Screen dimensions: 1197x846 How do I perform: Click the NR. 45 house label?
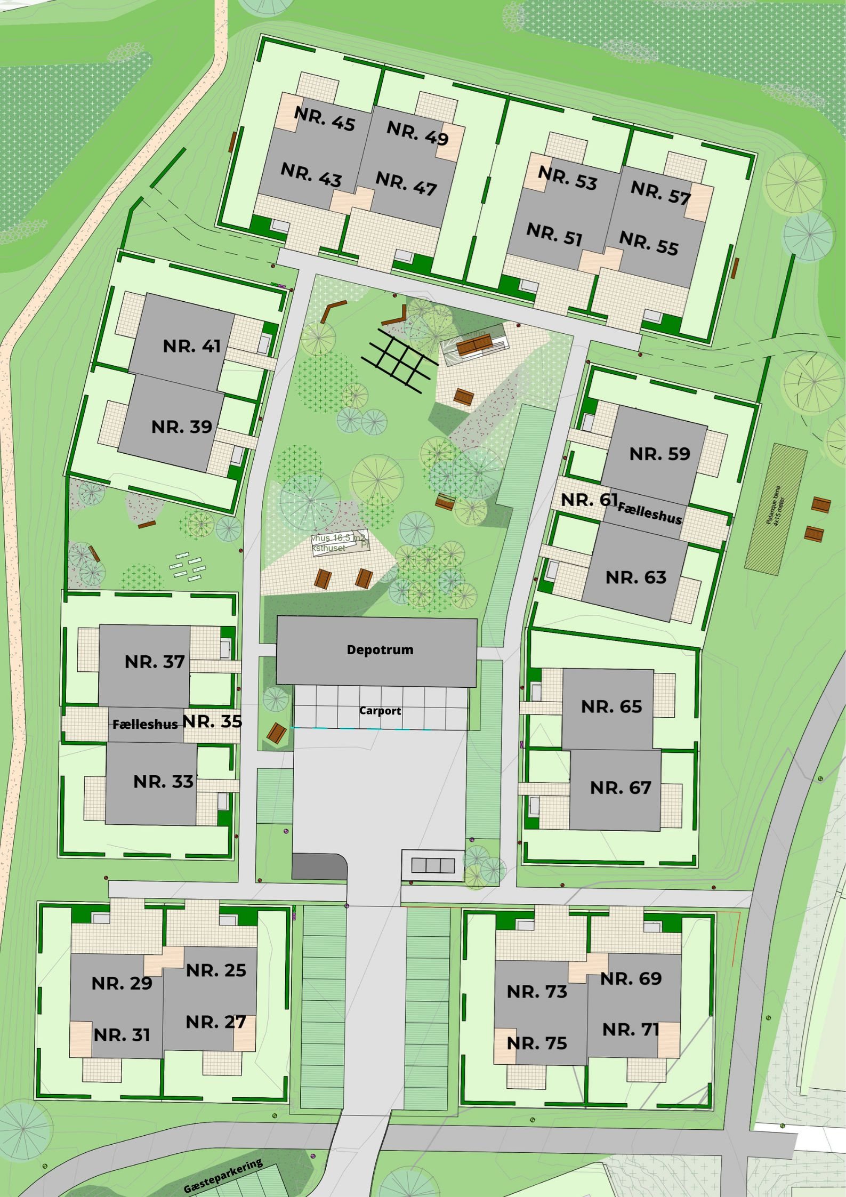(x=325, y=119)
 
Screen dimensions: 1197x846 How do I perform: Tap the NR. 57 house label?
(x=660, y=192)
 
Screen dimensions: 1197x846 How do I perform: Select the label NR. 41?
(x=192, y=346)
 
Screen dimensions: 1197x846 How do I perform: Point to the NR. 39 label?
(x=182, y=427)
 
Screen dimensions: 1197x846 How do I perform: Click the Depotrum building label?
(x=380, y=649)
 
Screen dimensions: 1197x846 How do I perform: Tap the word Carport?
(x=380, y=711)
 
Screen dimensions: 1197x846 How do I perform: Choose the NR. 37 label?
(x=155, y=662)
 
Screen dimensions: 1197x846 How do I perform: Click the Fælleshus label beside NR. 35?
(x=145, y=724)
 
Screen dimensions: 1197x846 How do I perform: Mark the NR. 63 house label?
(x=636, y=577)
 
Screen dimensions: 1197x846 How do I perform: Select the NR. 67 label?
(x=621, y=788)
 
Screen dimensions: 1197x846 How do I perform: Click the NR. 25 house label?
(x=216, y=970)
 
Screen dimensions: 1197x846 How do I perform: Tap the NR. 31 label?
(x=122, y=1034)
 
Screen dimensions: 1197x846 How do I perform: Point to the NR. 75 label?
(x=537, y=1043)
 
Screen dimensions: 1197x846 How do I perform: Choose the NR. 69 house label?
(x=631, y=978)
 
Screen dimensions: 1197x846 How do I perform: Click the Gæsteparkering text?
(x=223, y=1176)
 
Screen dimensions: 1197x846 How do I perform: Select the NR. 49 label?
(x=417, y=133)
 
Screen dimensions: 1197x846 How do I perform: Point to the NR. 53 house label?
(x=568, y=178)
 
